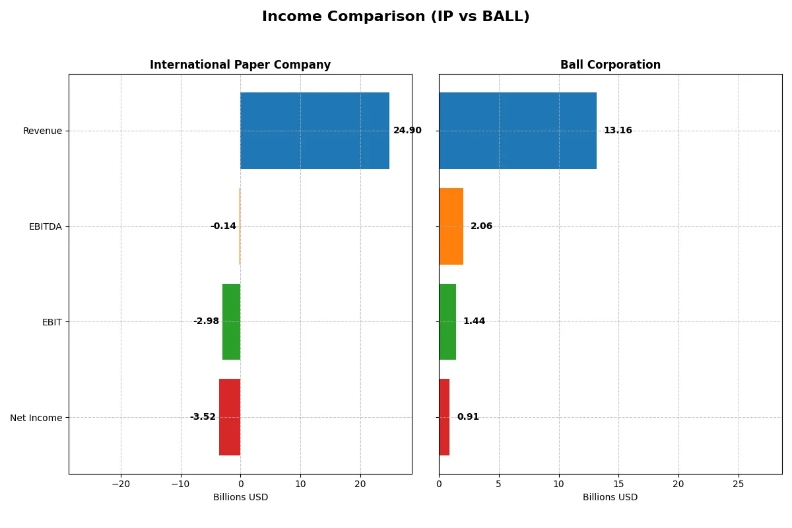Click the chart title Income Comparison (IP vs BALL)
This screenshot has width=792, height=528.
(x=395, y=17)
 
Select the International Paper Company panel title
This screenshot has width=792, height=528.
(x=240, y=65)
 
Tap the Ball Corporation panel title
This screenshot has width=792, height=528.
(x=610, y=65)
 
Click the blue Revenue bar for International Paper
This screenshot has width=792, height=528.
(x=315, y=131)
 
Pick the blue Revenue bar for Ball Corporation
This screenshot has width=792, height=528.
(x=517, y=131)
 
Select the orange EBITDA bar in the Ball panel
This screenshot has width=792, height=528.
(x=451, y=226)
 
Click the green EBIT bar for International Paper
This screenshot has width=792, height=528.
(x=231, y=322)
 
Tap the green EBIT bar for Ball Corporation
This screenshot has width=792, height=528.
(x=447, y=322)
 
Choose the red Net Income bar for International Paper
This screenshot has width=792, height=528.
(x=230, y=417)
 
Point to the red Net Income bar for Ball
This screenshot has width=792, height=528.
(x=444, y=417)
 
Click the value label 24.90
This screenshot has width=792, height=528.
(x=407, y=131)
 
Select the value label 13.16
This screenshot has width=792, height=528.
(x=618, y=131)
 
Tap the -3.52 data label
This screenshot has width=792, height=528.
(x=203, y=417)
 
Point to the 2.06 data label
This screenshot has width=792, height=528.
(x=481, y=226)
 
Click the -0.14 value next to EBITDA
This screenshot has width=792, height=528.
(x=223, y=226)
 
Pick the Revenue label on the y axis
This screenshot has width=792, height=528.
(x=42, y=131)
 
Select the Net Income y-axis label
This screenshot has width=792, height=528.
(x=36, y=418)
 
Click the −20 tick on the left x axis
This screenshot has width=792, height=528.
(x=120, y=484)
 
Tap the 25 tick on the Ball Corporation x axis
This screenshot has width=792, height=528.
(x=738, y=484)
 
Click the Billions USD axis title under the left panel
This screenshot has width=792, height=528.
(x=240, y=497)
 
